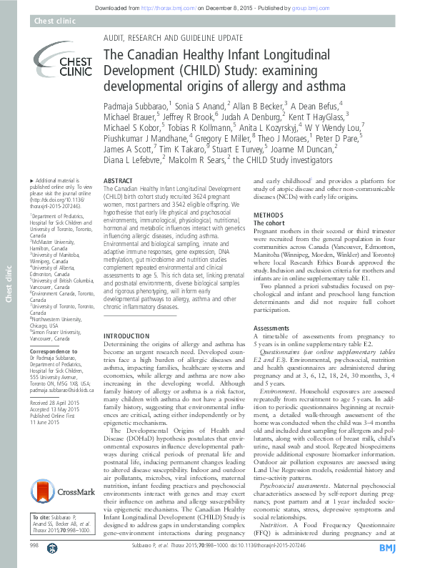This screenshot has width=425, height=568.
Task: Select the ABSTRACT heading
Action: click(118, 182)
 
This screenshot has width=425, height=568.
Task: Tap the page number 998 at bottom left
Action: click(34, 546)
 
